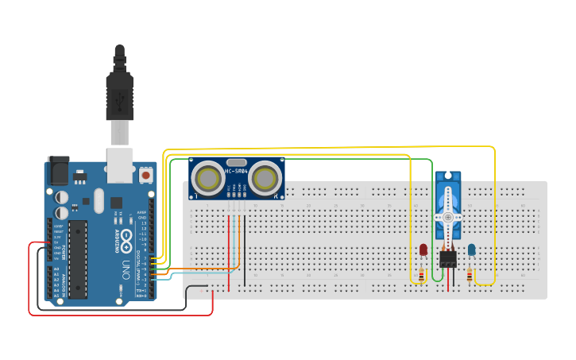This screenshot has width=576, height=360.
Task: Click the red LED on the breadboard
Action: pos(423,250)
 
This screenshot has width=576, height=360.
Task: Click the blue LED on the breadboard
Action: pos(472,250)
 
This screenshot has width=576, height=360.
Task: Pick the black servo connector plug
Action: pos(448,258)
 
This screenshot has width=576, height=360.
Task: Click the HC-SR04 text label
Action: pos(236,171)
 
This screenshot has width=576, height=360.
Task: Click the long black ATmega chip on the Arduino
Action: pos(77,258)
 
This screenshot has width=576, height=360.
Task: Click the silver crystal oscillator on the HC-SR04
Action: pos(236,161)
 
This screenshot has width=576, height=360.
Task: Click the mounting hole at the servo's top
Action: pos(448,175)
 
